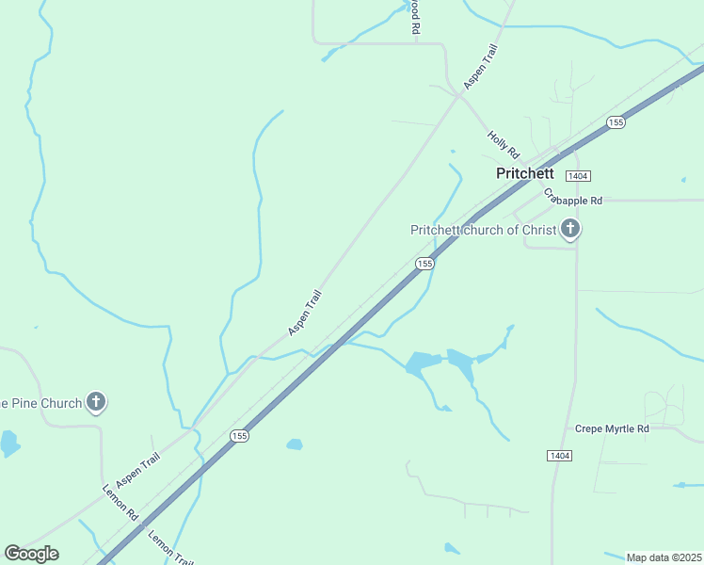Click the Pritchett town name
525,173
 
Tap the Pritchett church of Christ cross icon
569,229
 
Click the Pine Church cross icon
95,402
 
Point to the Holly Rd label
504,144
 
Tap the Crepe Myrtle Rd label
612,428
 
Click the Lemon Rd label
120,504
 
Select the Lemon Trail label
170,547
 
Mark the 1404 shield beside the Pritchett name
578,176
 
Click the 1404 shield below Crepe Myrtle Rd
557,456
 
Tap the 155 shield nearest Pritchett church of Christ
424,265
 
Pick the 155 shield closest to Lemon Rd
240,436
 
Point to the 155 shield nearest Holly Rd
616,122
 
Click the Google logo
31,554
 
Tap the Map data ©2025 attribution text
664,557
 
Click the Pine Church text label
41,403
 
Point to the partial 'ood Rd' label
414,17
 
